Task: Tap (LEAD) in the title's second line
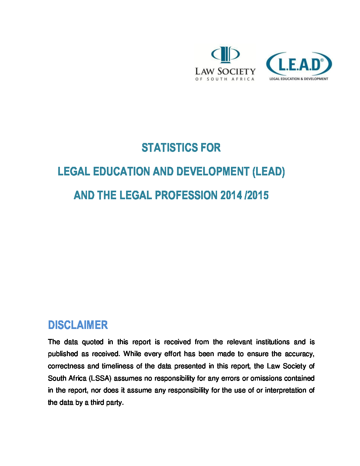point(268,171)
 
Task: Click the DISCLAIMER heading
point(78,325)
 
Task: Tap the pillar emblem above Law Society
point(225,55)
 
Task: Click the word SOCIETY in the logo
point(237,71)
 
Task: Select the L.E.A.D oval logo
point(299,64)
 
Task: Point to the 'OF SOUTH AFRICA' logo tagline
point(225,79)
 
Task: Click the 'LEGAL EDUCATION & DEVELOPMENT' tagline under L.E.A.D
point(299,79)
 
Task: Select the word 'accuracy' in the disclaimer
point(299,354)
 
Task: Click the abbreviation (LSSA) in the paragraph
point(100,378)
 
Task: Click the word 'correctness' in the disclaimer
point(66,366)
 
